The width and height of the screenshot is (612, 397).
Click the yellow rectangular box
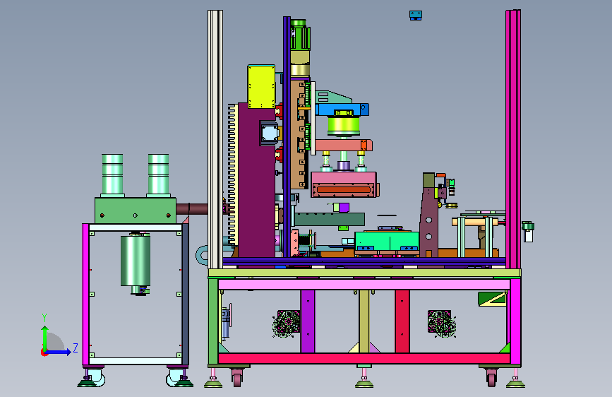(x=261, y=87)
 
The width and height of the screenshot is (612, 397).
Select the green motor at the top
(x=300, y=35)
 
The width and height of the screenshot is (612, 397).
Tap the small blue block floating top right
(x=416, y=16)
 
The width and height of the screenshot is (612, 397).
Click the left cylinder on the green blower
(x=112, y=175)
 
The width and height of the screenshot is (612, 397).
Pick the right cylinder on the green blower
(x=158, y=175)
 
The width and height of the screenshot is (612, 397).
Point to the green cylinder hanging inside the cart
(x=136, y=261)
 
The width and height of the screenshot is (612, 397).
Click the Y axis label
(x=44, y=318)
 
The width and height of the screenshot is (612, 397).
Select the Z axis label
(x=76, y=348)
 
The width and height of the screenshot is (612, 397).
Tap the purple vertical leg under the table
(x=308, y=321)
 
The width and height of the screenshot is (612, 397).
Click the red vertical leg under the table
(x=402, y=321)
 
